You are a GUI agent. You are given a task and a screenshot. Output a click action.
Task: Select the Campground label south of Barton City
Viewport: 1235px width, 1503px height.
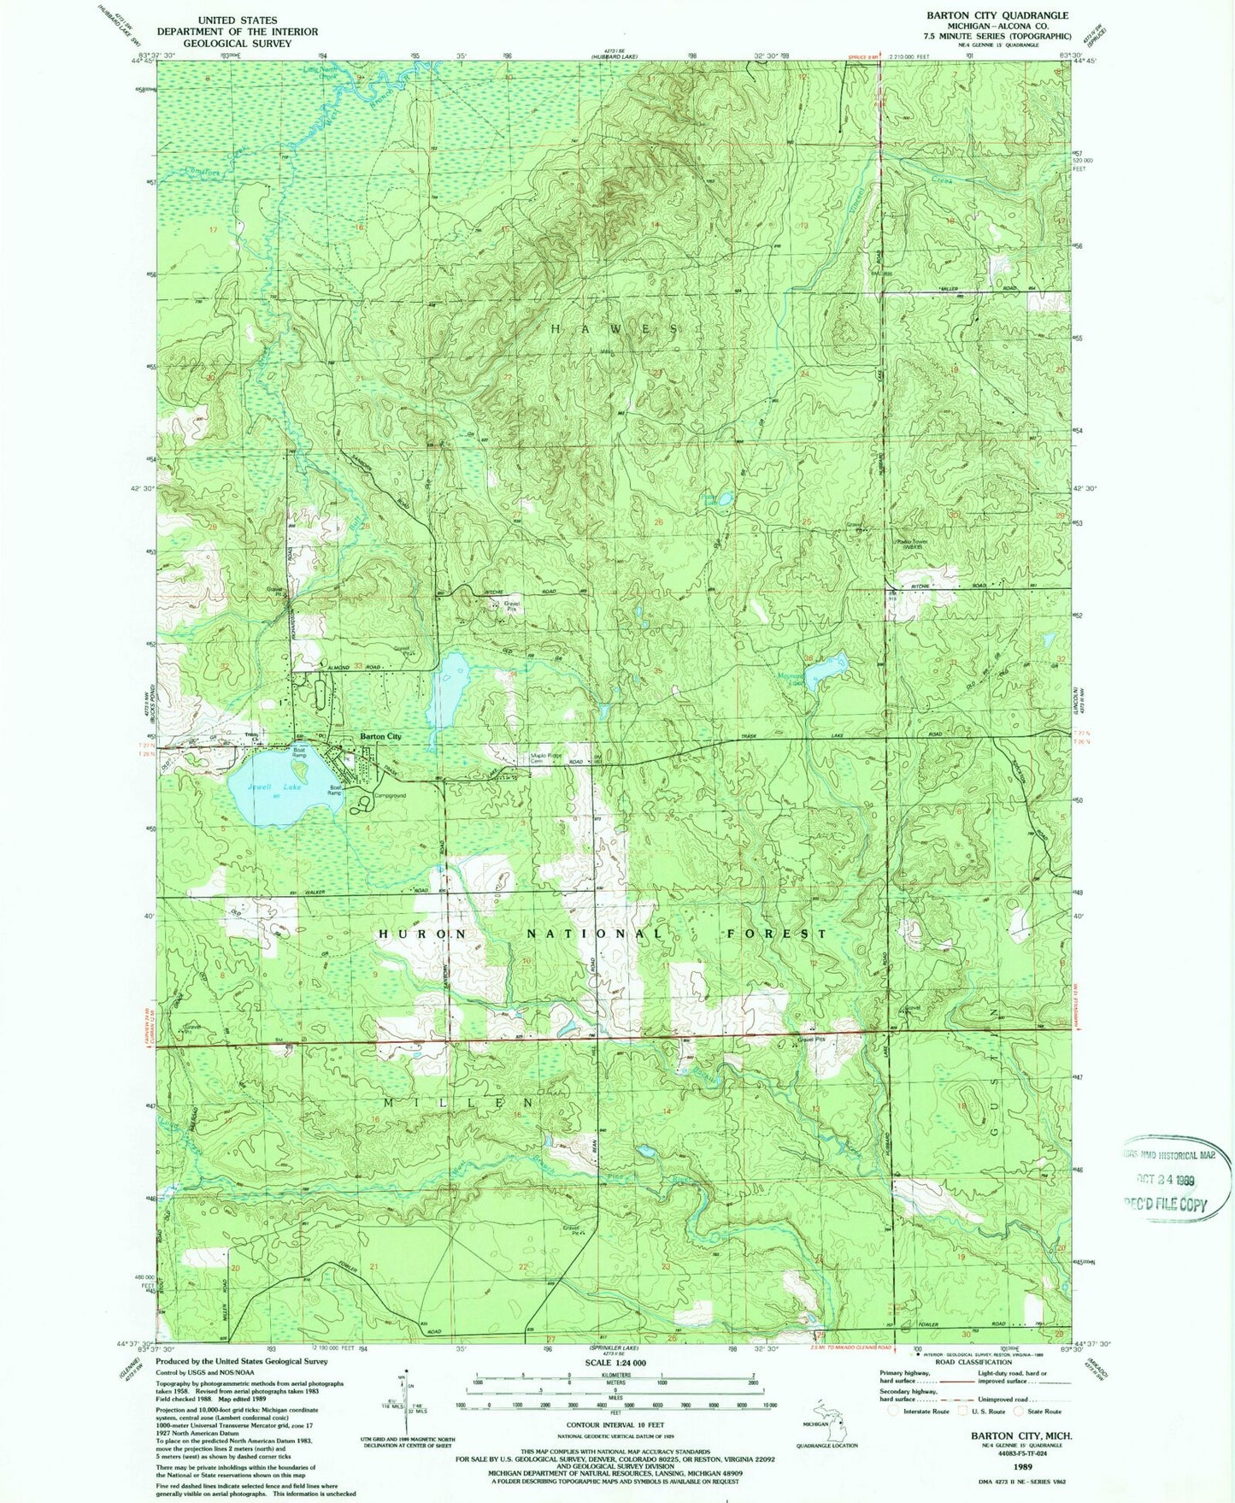[x=390, y=795]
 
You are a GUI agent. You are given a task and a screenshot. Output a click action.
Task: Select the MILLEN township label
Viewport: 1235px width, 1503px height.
[x=461, y=1103]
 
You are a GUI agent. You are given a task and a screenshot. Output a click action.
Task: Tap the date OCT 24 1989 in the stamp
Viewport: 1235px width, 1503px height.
[x=1166, y=1180]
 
